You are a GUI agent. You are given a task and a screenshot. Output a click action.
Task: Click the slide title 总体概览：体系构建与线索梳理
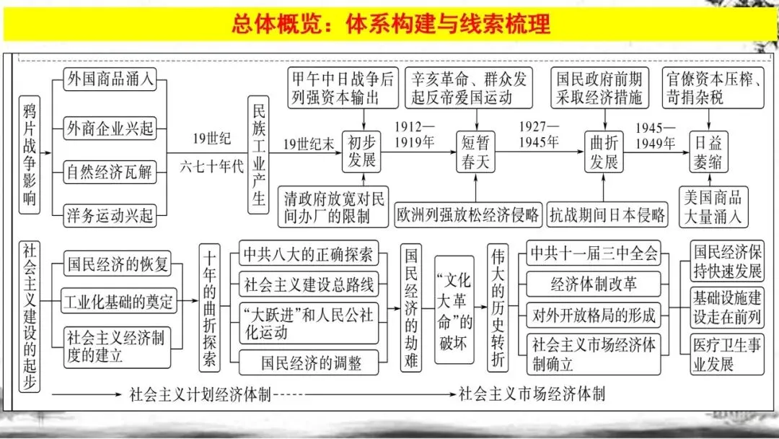click(390, 24)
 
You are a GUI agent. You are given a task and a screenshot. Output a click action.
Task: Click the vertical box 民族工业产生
click(259, 155)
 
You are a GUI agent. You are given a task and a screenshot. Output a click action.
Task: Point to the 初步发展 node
click(361, 151)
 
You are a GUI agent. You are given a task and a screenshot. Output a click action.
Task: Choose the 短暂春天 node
click(475, 151)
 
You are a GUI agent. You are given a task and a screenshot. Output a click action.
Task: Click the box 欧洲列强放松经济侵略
click(468, 214)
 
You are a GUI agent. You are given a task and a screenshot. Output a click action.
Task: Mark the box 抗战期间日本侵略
click(607, 214)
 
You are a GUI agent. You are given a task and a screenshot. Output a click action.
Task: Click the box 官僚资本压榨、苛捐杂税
click(714, 87)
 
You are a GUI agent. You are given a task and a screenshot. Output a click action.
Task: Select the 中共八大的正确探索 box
click(308, 254)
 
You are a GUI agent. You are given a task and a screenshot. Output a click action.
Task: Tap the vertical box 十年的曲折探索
click(209, 307)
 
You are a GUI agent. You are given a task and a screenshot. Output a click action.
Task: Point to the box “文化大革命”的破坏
click(453, 312)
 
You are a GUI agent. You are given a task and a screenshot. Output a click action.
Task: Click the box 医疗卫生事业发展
click(726, 353)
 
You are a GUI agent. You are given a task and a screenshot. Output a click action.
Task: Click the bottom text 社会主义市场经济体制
click(532, 394)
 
